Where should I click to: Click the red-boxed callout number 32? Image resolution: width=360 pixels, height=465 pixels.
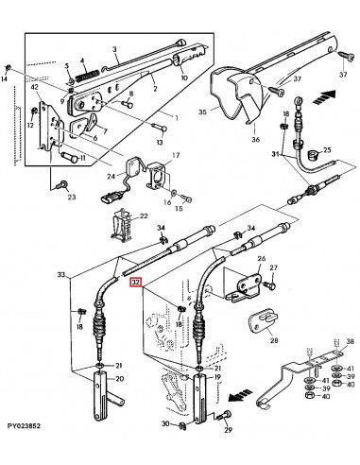pos(136,282)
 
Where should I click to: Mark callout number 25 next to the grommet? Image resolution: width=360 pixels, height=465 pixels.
pos(327,149)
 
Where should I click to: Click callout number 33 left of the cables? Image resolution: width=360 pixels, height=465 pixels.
pos(62,275)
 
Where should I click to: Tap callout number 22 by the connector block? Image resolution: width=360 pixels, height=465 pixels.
pos(144,216)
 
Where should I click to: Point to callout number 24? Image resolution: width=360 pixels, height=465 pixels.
pos(110,176)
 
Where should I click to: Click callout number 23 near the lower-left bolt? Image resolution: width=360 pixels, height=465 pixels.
pos(70,197)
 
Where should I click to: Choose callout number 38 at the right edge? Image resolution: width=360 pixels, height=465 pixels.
pos(350,341)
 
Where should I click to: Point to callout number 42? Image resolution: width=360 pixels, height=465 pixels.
pos(34,87)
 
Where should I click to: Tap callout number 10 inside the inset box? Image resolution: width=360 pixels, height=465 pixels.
pos(182,77)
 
